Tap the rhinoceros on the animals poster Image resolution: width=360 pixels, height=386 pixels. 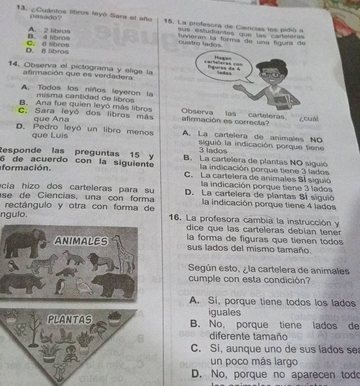22,281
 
